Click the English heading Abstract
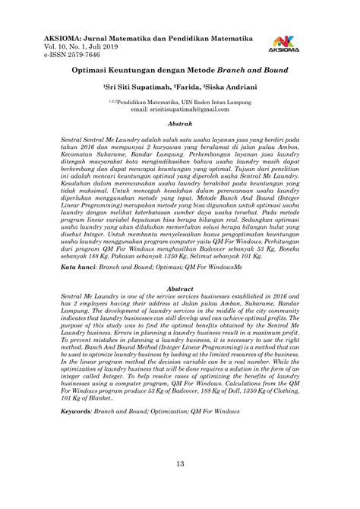179,267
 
